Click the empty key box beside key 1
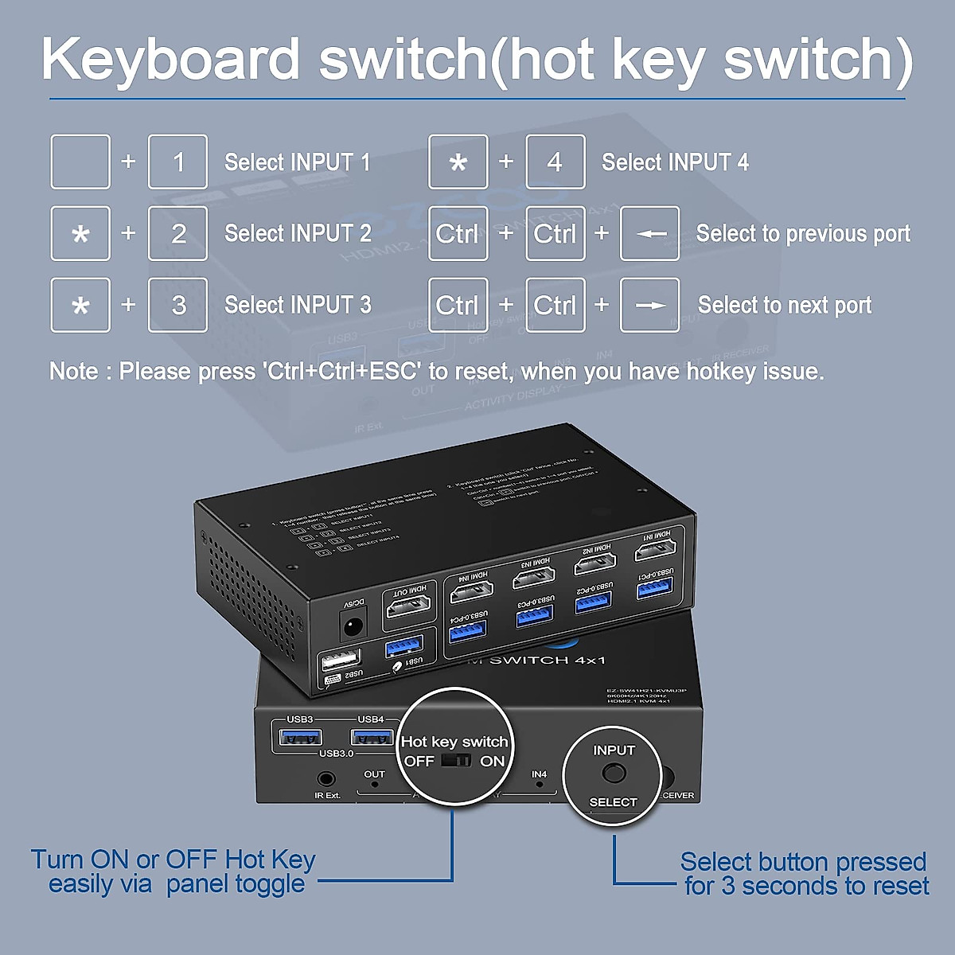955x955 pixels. tap(80, 162)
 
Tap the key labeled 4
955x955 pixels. tap(555, 162)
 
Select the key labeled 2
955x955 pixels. tap(178, 233)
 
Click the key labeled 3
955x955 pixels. tap(178, 305)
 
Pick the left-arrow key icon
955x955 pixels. tap(650, 233)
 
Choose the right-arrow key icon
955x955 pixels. tap(650, 305)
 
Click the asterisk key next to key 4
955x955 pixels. tap(458, 162)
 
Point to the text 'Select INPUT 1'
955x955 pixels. tap(297, 162)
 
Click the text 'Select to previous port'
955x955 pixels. tap(803, 233)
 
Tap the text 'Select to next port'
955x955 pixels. tap(785, 305)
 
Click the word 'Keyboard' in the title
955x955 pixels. tap(170, 60)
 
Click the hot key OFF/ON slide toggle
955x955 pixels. tap(457, 761)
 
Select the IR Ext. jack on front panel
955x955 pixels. tap(326, 778)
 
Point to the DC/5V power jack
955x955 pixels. tap(352, 626)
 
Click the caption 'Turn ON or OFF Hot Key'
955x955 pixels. tap(173, 859)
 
